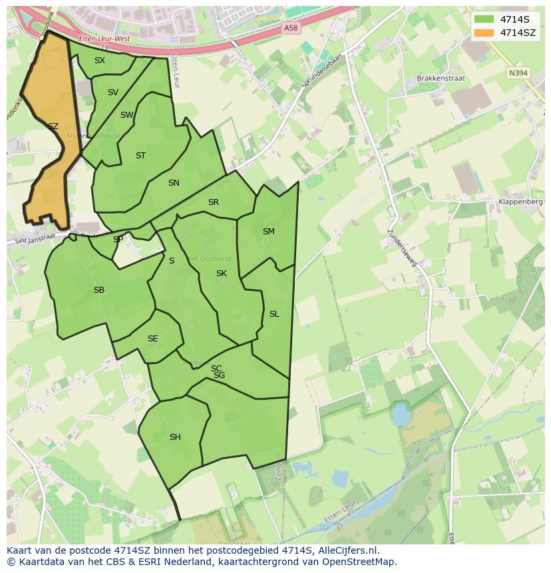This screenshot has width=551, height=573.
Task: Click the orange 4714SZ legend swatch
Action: point(484,32)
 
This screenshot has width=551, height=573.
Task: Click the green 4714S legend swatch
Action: point(484,19)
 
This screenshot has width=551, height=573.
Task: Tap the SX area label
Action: point(100,61)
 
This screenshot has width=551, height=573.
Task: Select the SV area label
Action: point(112,93)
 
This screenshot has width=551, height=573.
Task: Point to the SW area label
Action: point(126,115)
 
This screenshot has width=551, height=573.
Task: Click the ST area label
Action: point(140,156)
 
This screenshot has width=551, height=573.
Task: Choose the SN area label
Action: point(174,183)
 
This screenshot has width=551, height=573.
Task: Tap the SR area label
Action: point(213,202)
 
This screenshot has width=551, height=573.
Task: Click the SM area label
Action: point(268,232)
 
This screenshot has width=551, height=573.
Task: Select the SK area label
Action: point(222,274)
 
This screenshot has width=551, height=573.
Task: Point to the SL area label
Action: point(274,314)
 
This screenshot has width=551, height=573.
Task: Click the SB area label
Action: point(99,290)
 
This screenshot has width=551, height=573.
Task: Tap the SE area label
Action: point(152,339)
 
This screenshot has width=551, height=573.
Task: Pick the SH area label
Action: point(175,437)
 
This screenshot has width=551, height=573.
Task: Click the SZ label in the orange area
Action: point(53,126)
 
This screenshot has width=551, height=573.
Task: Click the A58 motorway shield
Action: point(290,28)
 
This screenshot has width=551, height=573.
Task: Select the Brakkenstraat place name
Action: point(441,79)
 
